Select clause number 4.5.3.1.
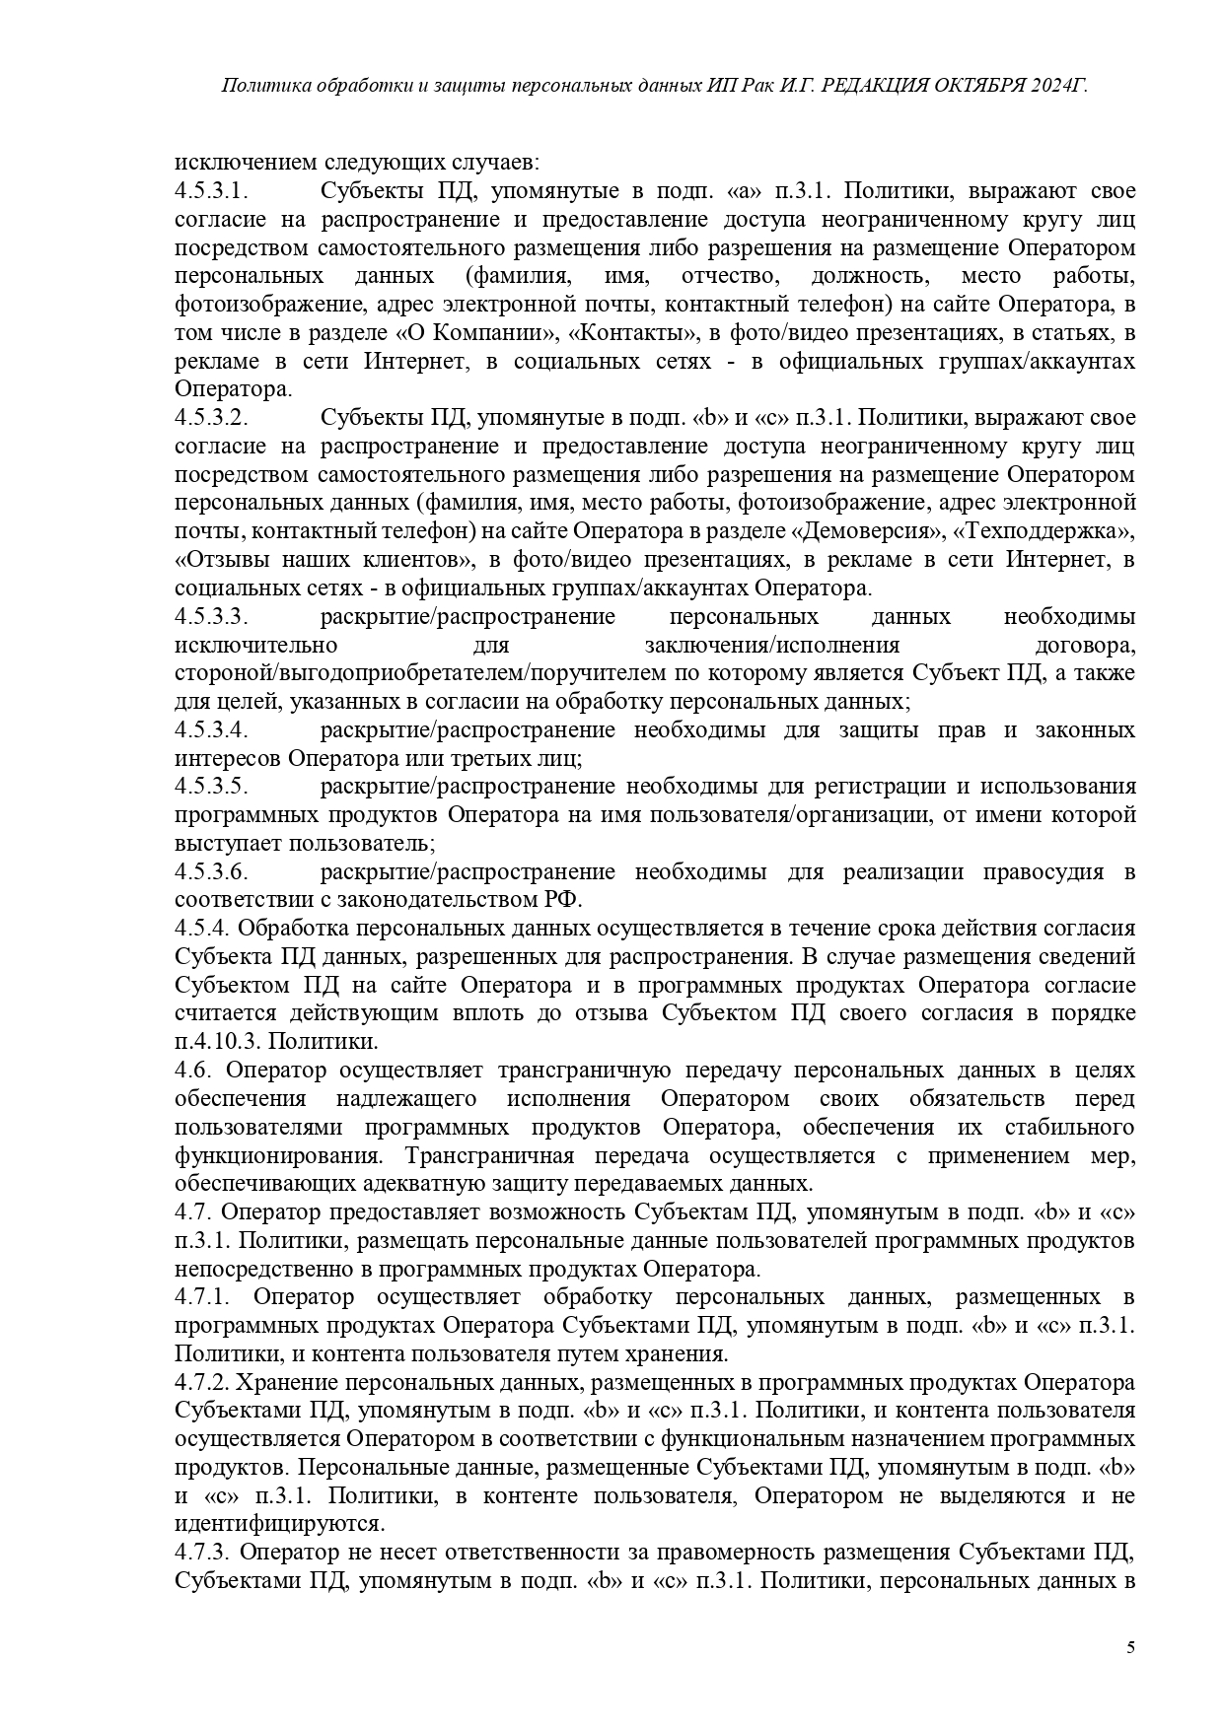[210, 190]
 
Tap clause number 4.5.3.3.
[210, 617]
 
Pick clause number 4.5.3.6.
[210, 872]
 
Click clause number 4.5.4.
[202, 929]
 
